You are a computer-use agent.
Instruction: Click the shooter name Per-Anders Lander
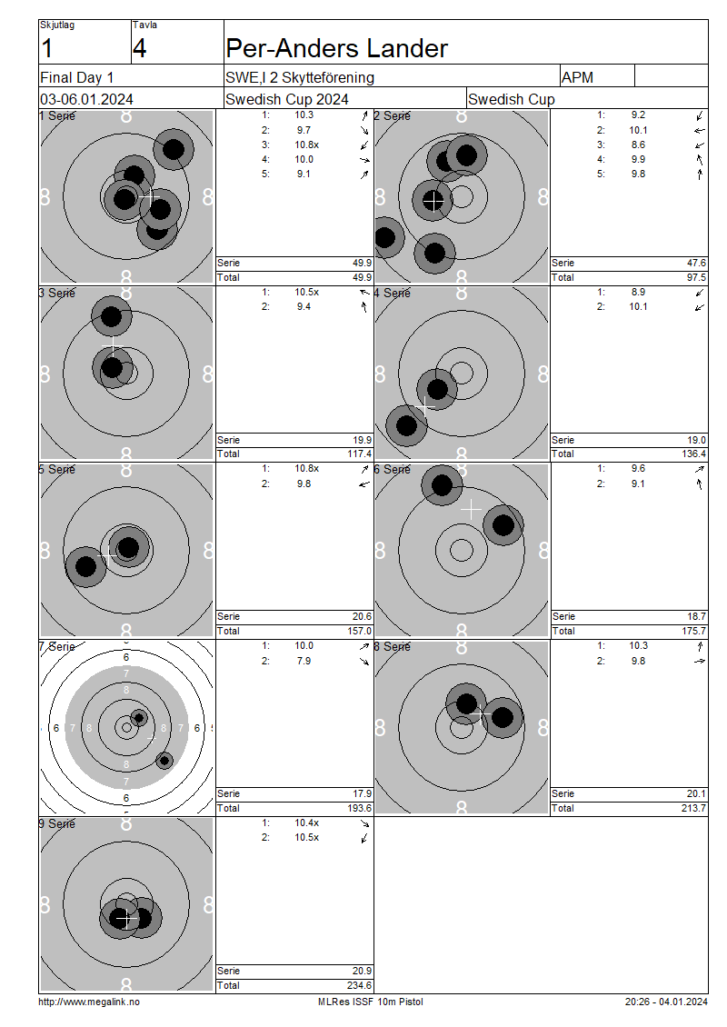click(336, 48)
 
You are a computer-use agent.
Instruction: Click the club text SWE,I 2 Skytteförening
click(299, 77)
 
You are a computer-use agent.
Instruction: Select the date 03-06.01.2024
click(86, 100)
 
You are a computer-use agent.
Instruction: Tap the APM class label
click(577, 77)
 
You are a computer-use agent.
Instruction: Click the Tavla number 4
click(140, 48)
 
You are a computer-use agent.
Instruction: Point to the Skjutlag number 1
click(46, 48)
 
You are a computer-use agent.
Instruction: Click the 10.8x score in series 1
click(306, 145)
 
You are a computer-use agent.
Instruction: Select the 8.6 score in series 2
click(638, 145)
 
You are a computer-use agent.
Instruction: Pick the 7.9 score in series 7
click(304, 661)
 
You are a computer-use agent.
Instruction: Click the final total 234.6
click(360, 985)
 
